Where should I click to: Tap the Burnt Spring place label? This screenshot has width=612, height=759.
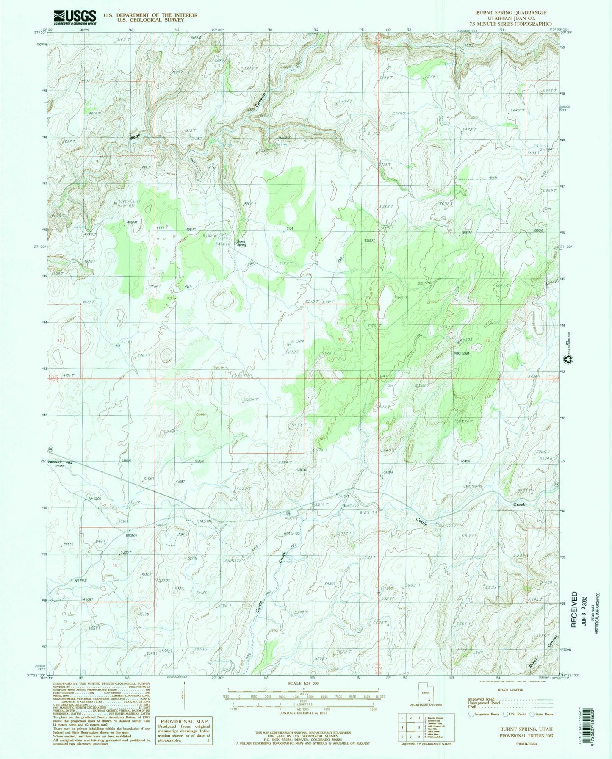(241, 244)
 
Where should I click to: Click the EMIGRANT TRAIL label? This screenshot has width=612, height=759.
(60, 464)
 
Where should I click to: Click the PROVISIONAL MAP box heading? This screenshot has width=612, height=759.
(183, 721)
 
